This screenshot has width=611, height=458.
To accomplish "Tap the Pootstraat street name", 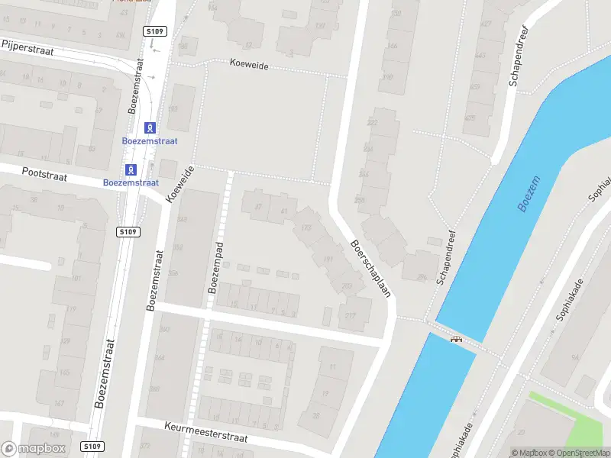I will tap(45, 176).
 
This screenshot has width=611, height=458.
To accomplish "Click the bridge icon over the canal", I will tap(457, 339).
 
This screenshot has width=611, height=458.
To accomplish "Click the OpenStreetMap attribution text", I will tap(584, 453).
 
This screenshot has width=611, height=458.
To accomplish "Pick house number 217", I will tap(351, 315).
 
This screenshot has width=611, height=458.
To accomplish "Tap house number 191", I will tap(329, 260).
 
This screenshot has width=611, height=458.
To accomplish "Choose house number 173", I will tap(307, 227).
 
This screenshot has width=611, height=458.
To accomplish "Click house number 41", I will tap(284, 211).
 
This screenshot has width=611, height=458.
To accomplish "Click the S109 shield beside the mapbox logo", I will tap(92, 446).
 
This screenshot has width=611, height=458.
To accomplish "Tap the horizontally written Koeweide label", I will tap(249, 65).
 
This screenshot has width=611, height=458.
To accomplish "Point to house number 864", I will tap(159, 357).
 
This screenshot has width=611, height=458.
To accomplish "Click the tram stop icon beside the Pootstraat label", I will tap(132, 169).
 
